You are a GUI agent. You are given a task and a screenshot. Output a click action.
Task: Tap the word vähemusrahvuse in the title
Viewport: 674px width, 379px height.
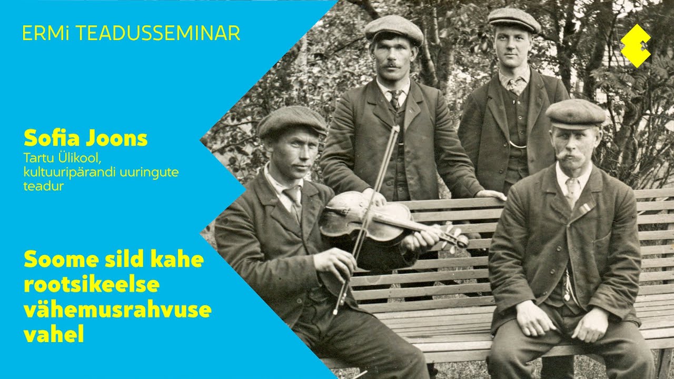click(x=117, y=310)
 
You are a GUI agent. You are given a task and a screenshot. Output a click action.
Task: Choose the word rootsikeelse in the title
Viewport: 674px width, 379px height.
click(x=91, y=285)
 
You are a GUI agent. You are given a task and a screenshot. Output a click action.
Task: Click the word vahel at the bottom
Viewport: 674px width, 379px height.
click(x=54, y=335)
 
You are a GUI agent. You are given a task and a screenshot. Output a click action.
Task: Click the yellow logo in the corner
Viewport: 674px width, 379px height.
click(x=636, y=46)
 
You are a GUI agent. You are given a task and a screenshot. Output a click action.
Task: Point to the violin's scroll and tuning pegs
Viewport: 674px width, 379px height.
click(x=454, y=237)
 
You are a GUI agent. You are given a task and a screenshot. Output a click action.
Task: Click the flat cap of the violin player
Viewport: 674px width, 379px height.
click(x=292, y=121)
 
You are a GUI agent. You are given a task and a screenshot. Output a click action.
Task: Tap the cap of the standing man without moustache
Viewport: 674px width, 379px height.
click(x=514, y=19)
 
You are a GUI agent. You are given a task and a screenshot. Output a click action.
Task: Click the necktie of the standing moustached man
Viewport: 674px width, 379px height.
click(x=395, y=99)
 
